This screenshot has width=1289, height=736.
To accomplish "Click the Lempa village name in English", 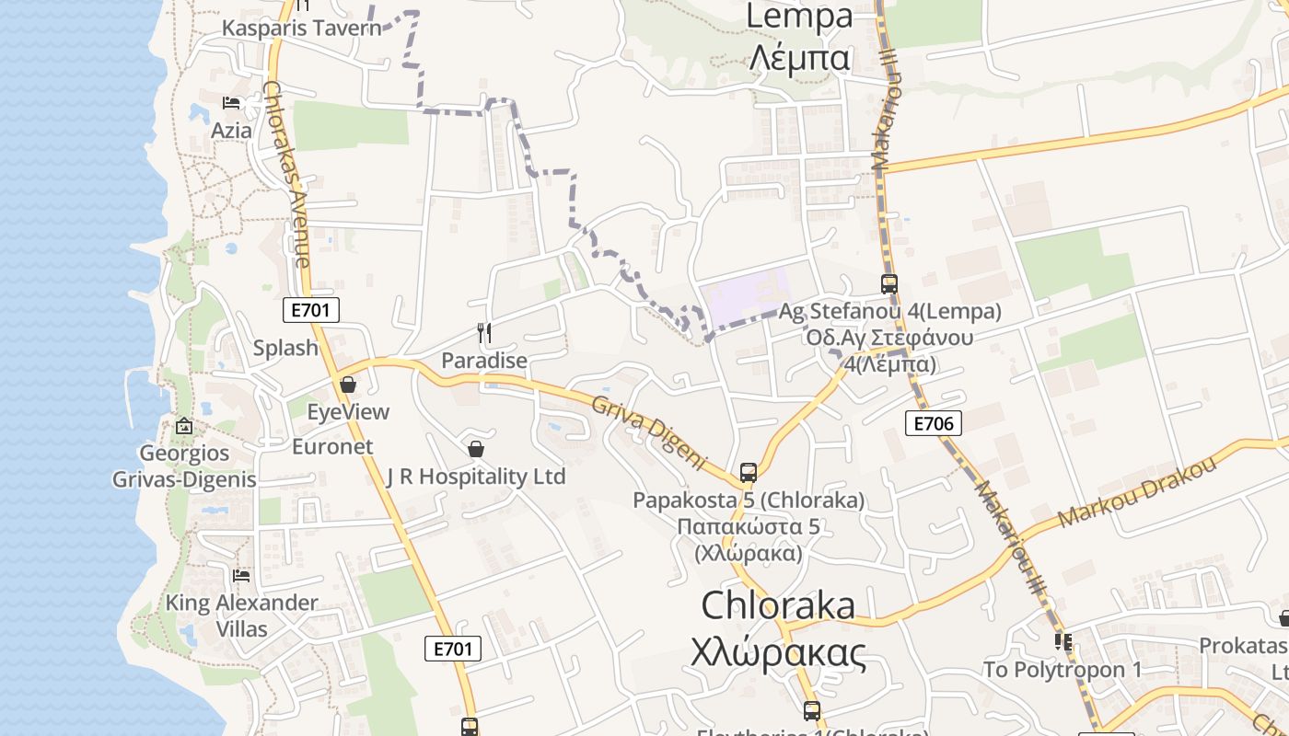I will [x=799, y=17].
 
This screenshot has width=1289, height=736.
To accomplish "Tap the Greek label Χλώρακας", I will [x=779, y=652].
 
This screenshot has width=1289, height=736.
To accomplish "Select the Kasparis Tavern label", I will [x=301, y=28].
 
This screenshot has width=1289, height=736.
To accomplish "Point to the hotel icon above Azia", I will [x=231, y=102].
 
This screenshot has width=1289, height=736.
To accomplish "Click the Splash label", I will [x=285, y=349].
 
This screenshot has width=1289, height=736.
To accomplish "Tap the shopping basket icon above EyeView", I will [x=348, y=385].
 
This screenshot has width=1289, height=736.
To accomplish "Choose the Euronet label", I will [x=332, y=447].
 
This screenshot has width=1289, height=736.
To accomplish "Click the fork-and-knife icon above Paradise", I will [x=484, y=332].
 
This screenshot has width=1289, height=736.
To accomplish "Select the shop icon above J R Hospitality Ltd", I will [x=476, y=449].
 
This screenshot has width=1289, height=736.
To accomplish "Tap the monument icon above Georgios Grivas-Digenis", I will [x=184, y=426].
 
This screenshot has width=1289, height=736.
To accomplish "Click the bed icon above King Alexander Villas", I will [x=241, y=576].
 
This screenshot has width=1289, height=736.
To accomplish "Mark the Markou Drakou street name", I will [x=1138, y=492].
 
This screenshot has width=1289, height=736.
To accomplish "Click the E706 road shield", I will [x=933, y=423].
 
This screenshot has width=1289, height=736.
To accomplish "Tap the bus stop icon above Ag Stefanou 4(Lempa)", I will [x=888, y=284].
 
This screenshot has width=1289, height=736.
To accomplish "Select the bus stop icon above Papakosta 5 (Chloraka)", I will [x=749, y=473].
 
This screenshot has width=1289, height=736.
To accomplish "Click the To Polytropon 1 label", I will [x=1063, y=669].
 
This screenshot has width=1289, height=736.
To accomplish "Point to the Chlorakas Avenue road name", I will [x=286, y=175].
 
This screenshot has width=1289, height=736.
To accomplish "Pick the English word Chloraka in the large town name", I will [x=778, y=605].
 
